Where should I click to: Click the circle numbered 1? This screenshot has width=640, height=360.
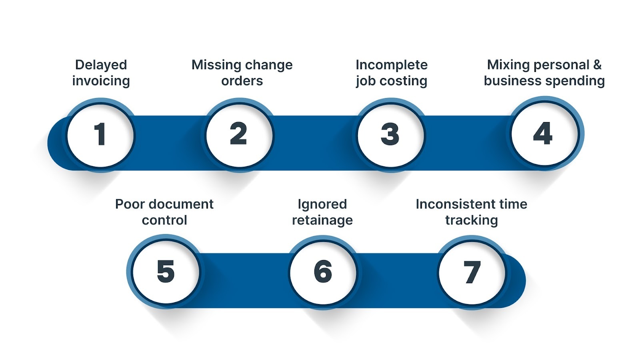tap(100, 135)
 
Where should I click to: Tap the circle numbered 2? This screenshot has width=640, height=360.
tap(239, 135)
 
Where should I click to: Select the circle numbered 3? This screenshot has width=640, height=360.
tap(390, 135)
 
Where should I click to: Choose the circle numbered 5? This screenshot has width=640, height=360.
tap(166, 272)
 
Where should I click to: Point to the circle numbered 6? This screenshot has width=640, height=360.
tap(323, 272)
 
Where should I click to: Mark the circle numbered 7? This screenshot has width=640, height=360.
tap(472, 272)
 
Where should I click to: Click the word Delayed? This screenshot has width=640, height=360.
tap(101, 65)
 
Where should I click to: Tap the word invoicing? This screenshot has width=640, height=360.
tap(101, 81)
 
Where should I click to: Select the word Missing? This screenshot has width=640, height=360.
tap(216, 65)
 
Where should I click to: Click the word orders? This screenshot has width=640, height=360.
tap(242, 81)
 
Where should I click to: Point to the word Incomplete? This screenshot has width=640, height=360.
tap(391, 65)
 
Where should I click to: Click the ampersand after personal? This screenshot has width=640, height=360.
tap(597, 65)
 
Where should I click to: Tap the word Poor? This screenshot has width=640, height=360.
tap(129, 204)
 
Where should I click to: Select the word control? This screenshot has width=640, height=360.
tap(164, 220)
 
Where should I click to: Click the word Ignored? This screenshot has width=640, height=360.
tap(322, 204)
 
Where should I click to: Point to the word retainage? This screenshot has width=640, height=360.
tap(322, 220)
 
